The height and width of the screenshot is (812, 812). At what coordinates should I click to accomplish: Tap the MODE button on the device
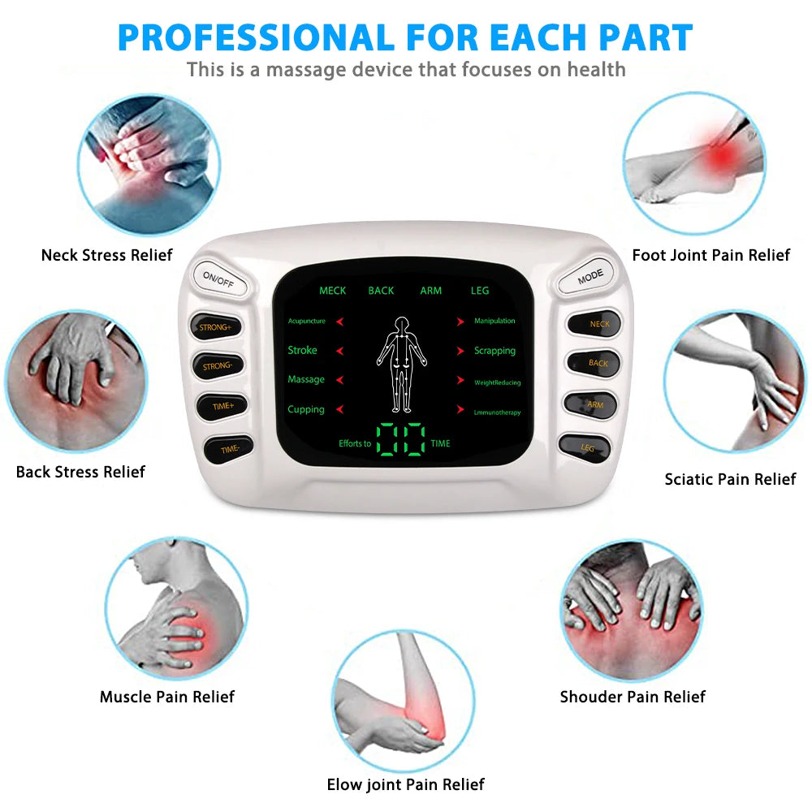coord(590,277)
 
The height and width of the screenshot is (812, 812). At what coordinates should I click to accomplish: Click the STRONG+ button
coord(215,326)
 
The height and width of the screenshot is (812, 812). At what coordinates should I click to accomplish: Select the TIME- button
coord(229,448)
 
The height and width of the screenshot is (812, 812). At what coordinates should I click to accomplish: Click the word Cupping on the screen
coord(306,409)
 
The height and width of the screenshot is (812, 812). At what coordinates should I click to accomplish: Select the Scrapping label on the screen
coord(495,351)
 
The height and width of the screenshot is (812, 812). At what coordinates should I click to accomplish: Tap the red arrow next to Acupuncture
coord(340,322)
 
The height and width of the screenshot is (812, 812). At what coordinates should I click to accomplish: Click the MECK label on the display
coord(332,291)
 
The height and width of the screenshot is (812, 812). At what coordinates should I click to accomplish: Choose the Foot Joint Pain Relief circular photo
coord(694,162)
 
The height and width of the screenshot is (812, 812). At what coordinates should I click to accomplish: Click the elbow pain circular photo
coord(404,700)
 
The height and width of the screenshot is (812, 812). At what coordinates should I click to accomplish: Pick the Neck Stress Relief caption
coord(107,255)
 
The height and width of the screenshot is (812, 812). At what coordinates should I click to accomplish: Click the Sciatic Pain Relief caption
coord(730,479)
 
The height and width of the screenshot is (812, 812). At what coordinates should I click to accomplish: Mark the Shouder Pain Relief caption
coord(633,697)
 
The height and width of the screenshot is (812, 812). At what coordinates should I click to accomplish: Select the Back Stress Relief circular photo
coord(76,381)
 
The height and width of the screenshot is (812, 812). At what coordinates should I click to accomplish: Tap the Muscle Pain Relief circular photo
coord(176,607)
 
